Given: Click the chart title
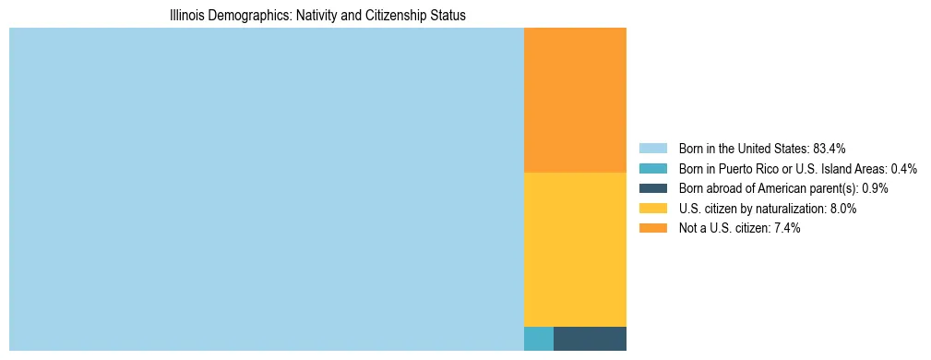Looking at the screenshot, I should [317, 16].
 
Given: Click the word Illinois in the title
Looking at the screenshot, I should [188, 16].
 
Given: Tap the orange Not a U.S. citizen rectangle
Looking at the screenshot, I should [575, 100].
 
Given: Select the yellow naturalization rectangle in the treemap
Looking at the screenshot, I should [575, 249].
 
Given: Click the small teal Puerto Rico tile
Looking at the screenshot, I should [539, 339].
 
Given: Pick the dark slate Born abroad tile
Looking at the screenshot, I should [590, 339].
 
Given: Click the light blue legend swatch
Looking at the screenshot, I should [652, 148].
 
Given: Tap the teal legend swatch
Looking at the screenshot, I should [652, 168].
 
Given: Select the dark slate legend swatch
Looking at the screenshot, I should [652, 188].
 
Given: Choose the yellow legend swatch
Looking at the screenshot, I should [652, 209].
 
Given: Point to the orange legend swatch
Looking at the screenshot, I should [652, 229].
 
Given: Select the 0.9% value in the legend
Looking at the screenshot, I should [875, 188].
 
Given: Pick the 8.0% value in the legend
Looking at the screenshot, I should [841, 209].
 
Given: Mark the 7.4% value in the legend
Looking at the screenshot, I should [785, 229].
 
